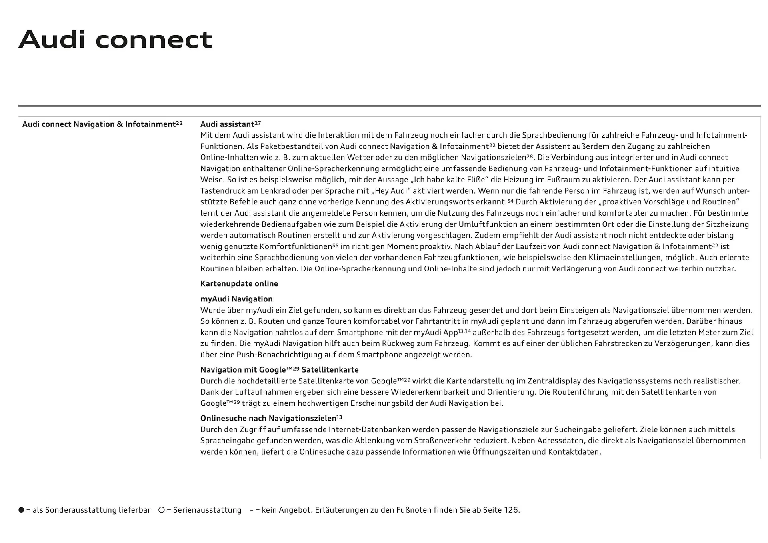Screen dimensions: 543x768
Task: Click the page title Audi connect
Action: pyautogui.click(x=116, y=40)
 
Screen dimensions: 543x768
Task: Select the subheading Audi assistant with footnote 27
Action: pyautogui.click(x=230, y=124)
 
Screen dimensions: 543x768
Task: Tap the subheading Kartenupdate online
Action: pyautogui.click(x=239, y=284)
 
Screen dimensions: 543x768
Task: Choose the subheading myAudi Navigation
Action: pyautogui.click(x=236, y=299)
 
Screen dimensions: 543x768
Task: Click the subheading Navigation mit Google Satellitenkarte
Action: pyautogui.click(x=279, y=370)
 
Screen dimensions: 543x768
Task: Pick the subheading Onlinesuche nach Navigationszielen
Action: pyautogui.click(x=271, y=419)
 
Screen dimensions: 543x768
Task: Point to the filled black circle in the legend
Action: pyautogui.click(x=21, y=510)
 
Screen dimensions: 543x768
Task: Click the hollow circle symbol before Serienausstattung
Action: pyautogui.click(x=162, y=510)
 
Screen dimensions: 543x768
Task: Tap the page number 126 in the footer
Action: pyautogui.click(x=511, y=510)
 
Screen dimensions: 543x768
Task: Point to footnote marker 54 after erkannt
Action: pyautogui.click(x=510, y=201)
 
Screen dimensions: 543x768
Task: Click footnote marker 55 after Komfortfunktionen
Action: pyautogui.click(x=335, y=245)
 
